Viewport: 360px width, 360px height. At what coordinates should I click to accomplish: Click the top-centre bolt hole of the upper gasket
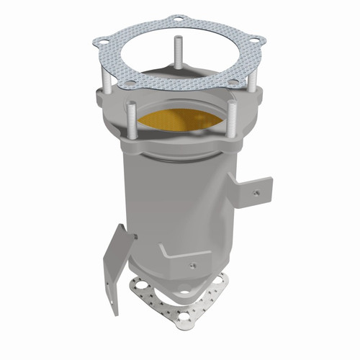tap(178, 19)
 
